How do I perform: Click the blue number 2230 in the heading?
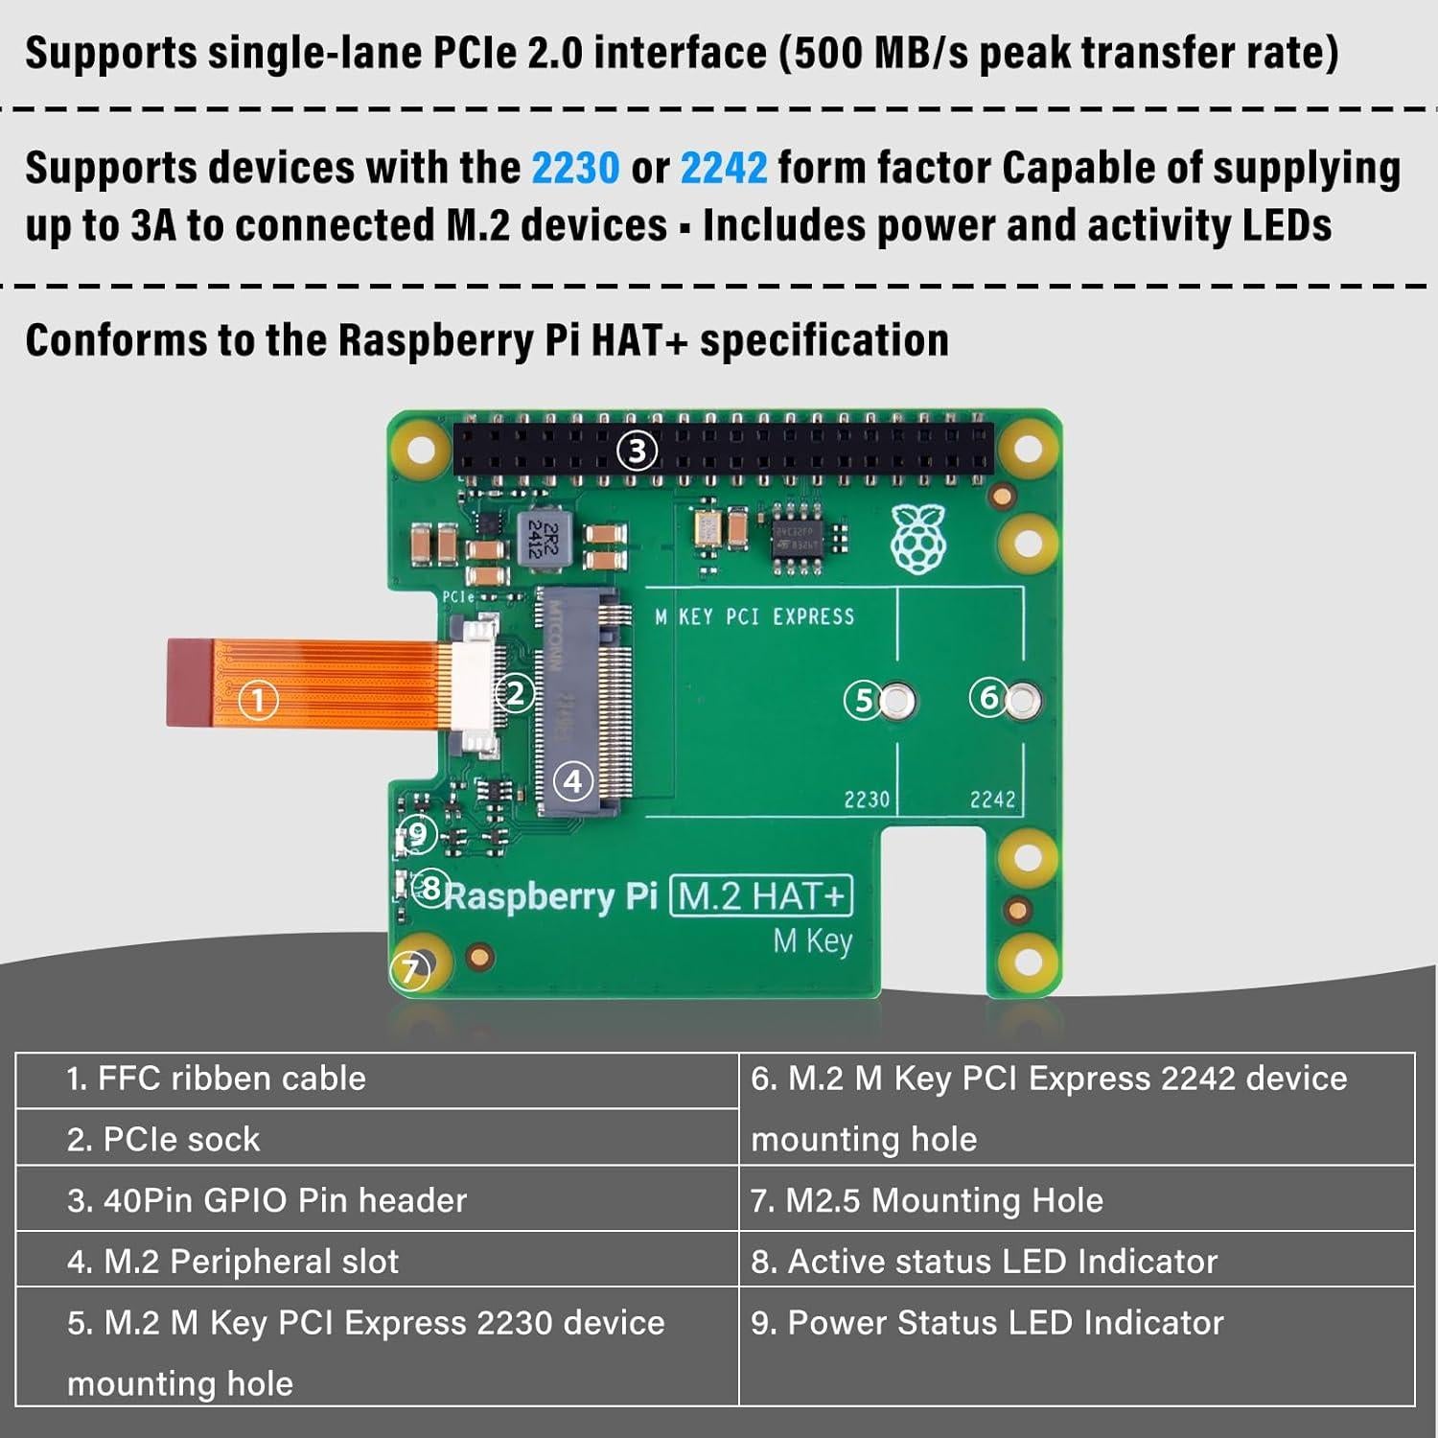(575, 169)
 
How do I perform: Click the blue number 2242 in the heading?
(723, 169)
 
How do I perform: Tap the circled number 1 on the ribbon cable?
(257, 700)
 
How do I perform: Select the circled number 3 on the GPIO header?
(638, 451)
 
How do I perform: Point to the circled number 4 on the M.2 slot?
(573, 781)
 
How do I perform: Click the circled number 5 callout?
(864, 701)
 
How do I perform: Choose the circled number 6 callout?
(988, 697)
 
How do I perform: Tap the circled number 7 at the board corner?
(410, 970)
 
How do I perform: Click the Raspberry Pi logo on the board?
(918, 540)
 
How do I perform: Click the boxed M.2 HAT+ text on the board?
(761, 896)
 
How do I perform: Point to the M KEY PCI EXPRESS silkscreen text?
(754, 616)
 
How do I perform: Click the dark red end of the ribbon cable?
(189, 683)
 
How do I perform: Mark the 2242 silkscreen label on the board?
(992, 800)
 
